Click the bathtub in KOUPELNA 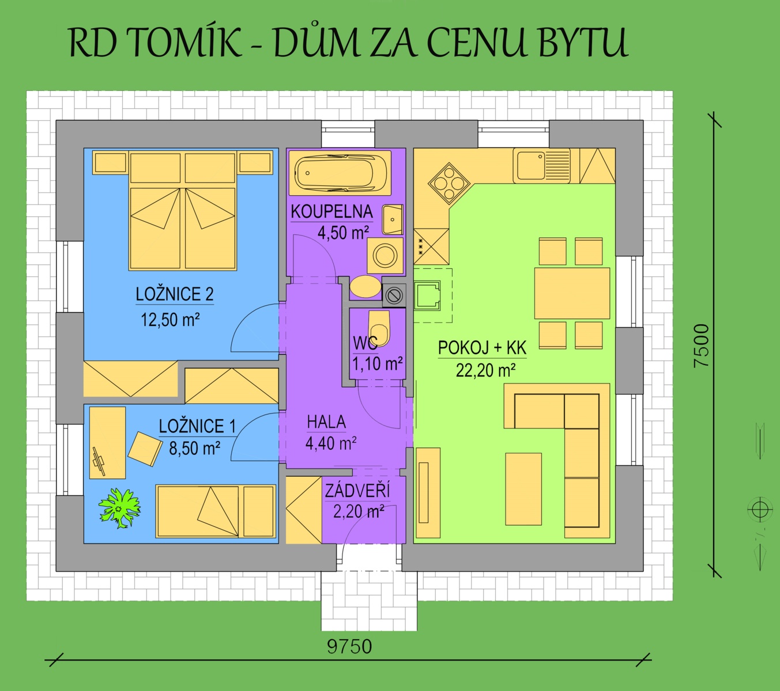[340, 173]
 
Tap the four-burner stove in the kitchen [449, 184]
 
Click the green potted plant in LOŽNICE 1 [120, 507]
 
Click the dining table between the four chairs [572, 294]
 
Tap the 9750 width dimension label [349, 647]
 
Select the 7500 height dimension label [701, 345]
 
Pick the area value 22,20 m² [486, 370]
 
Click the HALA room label [326, 422]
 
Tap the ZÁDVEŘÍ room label [357, 491]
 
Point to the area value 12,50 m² [170, 320]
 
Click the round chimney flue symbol [394, 295]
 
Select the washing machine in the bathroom [385, 255]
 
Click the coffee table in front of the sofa [523, 489]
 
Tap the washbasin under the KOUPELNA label [393, 219]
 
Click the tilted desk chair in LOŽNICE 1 [145, 449]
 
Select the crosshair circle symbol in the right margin [760, 510]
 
